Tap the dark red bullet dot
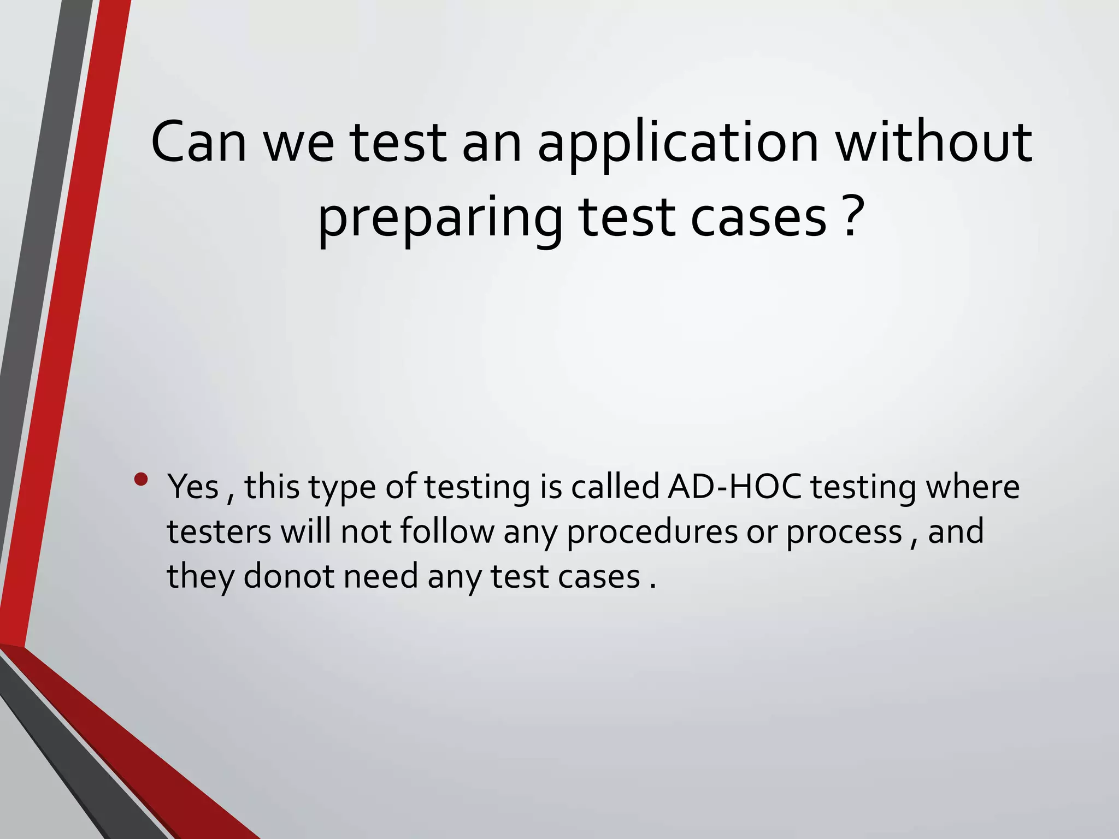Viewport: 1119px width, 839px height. [141, 480]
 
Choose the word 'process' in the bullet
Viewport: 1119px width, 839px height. [844, 533]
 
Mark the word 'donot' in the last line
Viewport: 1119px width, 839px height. [288, 576]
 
